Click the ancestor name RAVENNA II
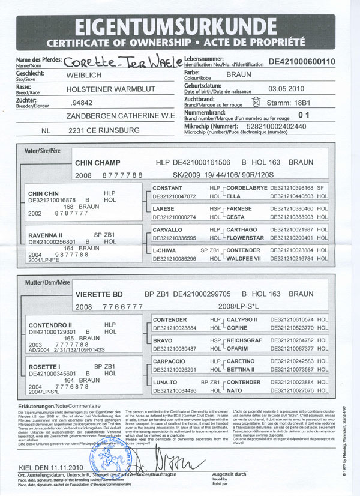(x=46, y=234)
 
